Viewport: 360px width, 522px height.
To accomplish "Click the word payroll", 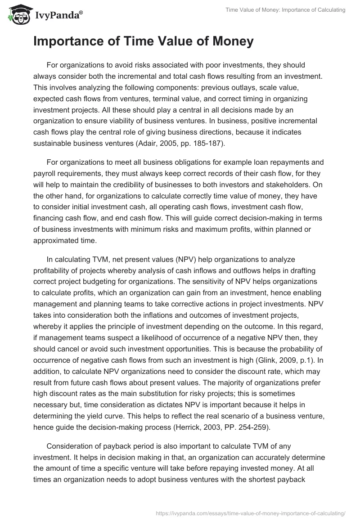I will click(45, 173).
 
